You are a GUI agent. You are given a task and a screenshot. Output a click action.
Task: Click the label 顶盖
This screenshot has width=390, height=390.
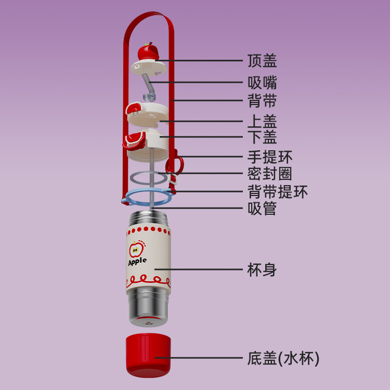[x=262, y=61]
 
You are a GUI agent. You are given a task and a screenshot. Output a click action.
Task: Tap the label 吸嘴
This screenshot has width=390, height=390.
[x=262, y=82]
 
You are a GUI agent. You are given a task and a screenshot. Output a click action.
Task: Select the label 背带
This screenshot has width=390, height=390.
[x=262, y=100]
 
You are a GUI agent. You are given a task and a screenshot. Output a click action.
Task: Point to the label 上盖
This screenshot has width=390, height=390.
[x=262, y=122]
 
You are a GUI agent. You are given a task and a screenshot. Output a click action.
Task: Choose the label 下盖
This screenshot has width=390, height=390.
[x=262, y=138]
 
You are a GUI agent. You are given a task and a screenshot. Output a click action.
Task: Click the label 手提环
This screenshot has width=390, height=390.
[x=269, y=157]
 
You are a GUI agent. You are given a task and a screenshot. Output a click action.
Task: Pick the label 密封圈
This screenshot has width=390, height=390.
[x=269, y=173]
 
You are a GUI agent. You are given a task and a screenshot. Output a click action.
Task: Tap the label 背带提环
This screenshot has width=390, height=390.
[x=277, y=191]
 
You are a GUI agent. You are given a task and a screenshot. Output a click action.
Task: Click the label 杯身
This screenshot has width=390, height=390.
[x=262, y=270]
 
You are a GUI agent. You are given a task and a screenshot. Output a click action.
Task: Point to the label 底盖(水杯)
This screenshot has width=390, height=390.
[x=283, y=358]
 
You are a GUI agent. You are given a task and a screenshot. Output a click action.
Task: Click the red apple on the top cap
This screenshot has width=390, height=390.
[x=148, y=52]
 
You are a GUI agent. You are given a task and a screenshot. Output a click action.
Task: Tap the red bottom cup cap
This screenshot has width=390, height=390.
[x=148, y=355]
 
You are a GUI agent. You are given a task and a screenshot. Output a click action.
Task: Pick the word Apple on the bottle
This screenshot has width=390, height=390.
[x=137, y=262]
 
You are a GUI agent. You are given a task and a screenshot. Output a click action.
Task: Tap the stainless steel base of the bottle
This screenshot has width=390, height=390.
[x=148, y=307]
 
